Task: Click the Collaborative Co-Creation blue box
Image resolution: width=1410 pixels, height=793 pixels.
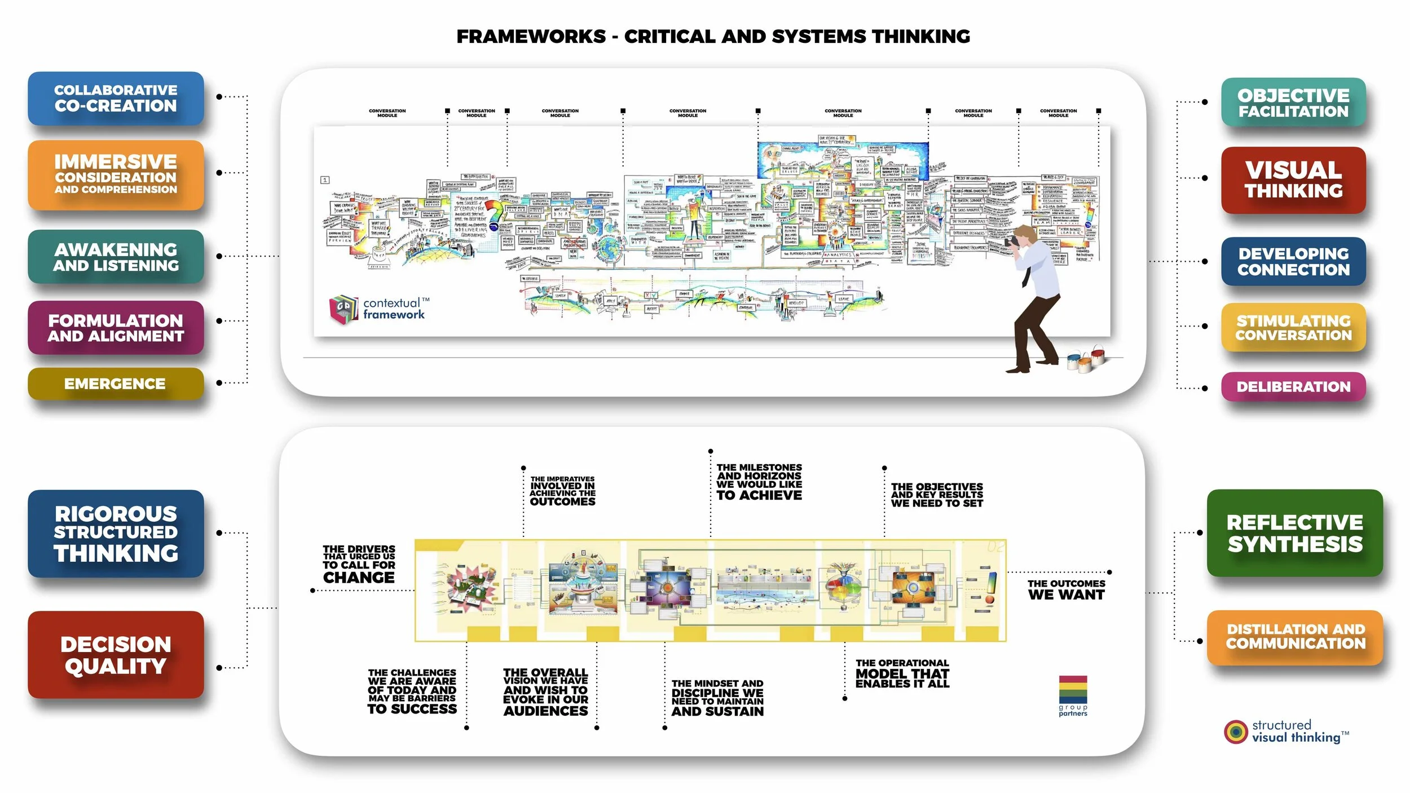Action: click(x=116, y=98)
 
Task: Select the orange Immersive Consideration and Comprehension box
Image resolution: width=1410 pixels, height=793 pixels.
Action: click(x=116, y=175)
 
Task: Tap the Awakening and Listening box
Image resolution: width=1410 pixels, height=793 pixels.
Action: click(x=116, y=257)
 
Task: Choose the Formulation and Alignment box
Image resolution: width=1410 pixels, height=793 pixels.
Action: click(x=116, y=328)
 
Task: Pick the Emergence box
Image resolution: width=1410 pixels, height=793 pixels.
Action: click(x=116, y=384)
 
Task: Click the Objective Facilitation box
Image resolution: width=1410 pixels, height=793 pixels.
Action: click(x=1293, y=103)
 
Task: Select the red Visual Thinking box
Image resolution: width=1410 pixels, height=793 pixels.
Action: click(x=1293, y=180)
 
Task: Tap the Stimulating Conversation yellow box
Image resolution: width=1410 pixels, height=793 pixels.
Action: click(x=1293, y=328)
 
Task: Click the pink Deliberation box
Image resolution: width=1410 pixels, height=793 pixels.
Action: click(x=1293, y=387)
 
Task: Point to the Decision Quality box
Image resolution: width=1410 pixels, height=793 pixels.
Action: click(x=116, y=655)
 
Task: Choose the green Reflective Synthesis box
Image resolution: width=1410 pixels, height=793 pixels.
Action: click(x=1294, y=533)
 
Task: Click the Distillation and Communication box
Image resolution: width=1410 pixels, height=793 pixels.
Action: click(x=1295, y=636)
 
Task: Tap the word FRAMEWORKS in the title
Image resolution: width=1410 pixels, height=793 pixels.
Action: click(x=531, y=37)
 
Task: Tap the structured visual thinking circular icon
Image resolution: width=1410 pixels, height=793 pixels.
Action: click(x=1236, y=732)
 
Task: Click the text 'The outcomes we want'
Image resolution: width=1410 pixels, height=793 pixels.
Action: click(x=1066, y=590)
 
